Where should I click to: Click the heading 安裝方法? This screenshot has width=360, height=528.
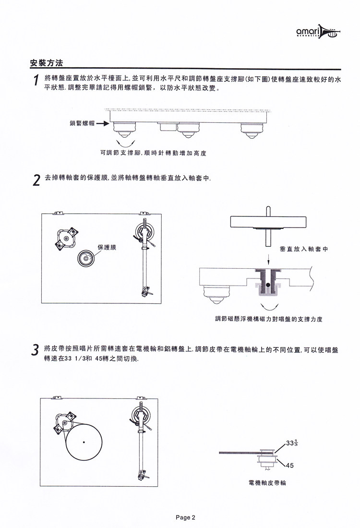[47, 63]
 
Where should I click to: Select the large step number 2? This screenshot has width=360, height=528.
[35, 181]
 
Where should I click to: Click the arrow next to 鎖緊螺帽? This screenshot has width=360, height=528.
[103, 123]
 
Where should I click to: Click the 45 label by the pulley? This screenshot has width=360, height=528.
[289, 465]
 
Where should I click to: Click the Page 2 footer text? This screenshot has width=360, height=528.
[185, 517]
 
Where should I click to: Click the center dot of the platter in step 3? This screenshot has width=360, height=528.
[84, 441]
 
